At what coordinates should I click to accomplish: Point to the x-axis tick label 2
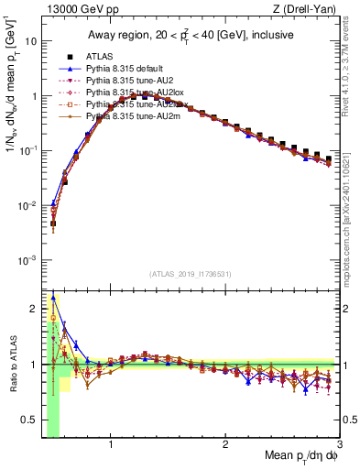pyautogui.click(x=225, y=446)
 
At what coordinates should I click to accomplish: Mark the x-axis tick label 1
pyautogui.click(x=111, y=446)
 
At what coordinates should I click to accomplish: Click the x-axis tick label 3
pyautogui.click(x=338, y=446)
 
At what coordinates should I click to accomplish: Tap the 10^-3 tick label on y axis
pyautogui.click(x=27, y=260)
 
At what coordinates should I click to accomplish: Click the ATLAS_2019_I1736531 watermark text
pyautogui.click(x=190, y=273)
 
